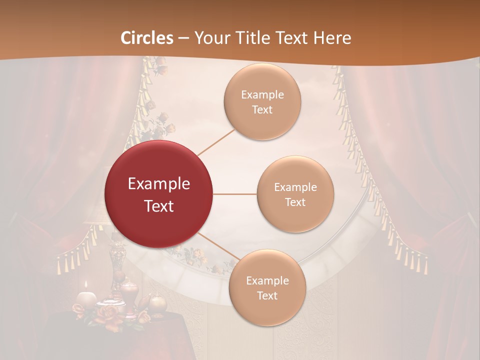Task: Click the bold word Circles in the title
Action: pyautogui.click(x=146, y=38)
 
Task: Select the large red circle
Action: pyautogui.click(x=159, y=194)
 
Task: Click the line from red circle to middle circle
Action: pyautogui.click(x=235, y=194)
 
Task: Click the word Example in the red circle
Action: pyautogui.click(x=159, y=184)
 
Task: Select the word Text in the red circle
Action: pyautogui.click(x=159, y=205)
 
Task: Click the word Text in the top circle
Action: pyautogui.click(x=262, y=109)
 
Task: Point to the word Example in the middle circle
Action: pyautogui.click(x=295, y=187)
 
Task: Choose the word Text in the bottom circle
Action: pyautogui.click(x=267, y=295)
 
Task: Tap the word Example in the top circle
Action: pyautogui.click(x=262, y=95)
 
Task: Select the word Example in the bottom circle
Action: pyautogui.click(x=267, y=281)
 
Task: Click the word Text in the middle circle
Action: pyautogui.click(x=295, y=202)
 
